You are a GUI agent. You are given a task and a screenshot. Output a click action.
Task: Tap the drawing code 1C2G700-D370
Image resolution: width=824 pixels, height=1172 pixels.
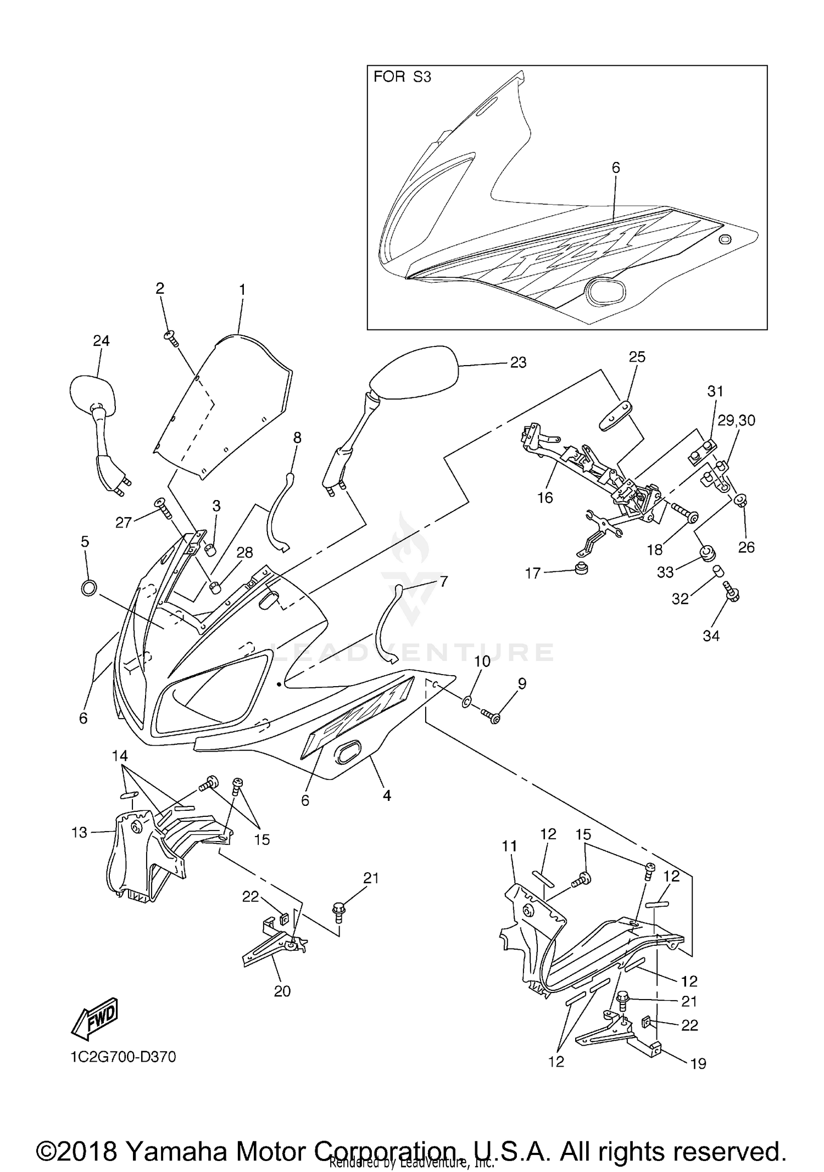tap(123, 1057)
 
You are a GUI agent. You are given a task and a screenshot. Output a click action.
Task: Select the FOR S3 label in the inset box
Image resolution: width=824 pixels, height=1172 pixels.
tap(402, 77)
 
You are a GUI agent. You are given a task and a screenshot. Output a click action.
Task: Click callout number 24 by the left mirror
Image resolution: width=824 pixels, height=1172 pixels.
tap(101, 341)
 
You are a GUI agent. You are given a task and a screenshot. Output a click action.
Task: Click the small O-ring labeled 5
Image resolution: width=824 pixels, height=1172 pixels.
tap(89, 588)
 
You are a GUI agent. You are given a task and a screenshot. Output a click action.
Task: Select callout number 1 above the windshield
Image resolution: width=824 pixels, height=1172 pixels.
tap(242, 289)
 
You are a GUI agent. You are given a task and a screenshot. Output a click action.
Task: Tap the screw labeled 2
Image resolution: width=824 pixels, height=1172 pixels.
tap(172, 339)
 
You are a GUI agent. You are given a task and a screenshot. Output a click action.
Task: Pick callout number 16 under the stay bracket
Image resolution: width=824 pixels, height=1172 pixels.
tap(545, 498)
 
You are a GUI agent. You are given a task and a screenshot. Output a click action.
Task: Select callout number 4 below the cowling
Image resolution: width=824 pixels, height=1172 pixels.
tap(387, 795)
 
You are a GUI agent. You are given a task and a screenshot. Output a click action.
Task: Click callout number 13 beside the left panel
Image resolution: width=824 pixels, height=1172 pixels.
tap(80, 833)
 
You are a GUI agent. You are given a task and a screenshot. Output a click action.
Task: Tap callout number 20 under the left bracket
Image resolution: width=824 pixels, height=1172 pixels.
tap(282, 991)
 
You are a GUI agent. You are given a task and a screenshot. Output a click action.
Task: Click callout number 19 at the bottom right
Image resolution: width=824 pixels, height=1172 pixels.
tap(698, 1063)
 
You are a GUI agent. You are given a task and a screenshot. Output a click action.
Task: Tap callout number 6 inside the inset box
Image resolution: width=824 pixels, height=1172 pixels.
tap(616, 168)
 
